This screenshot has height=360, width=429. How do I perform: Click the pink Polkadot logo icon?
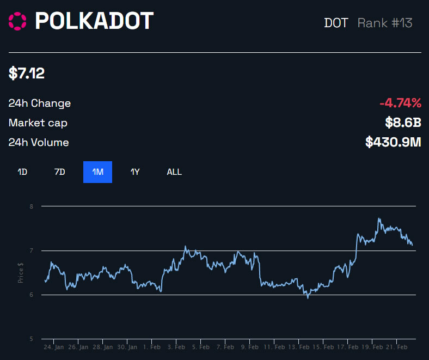[17, 21]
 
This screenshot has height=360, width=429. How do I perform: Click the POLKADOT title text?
[94, 21]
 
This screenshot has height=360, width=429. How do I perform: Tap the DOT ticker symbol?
[336, 23]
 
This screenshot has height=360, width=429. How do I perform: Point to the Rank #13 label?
[385, 23]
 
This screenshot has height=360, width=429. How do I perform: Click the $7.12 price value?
[27, 73]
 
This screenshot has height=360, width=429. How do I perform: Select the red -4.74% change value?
[400, 103]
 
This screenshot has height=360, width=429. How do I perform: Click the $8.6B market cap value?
[403, 123]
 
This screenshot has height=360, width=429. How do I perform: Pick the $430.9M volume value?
[393, 143]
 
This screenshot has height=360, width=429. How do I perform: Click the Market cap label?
[38, 123]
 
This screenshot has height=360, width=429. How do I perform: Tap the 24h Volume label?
[39, 143]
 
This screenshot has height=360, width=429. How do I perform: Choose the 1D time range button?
[22, 172]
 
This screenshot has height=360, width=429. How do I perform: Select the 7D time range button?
[60, 172]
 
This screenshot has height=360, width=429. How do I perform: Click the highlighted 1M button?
[97, 172]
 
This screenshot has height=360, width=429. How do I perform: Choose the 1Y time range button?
[135, 172]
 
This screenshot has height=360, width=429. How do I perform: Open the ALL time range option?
[174, 172]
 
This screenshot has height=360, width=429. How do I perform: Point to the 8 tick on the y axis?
[32, 206]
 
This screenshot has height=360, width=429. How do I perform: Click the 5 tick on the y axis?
[32, 339]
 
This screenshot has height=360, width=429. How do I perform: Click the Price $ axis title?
[21, 272]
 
